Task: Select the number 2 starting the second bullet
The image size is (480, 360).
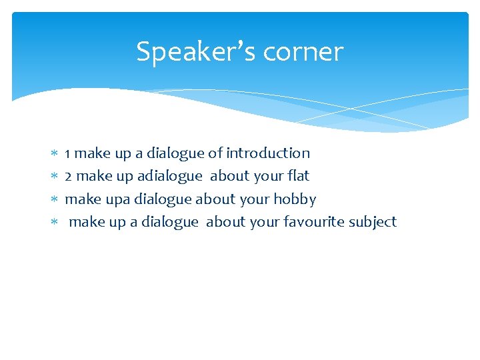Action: click(68, 176)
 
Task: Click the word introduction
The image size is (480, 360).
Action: click(268, 153)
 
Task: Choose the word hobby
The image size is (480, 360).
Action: click(294, 199)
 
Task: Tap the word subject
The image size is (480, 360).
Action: click(372, 222)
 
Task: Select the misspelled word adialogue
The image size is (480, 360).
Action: click(169, 176)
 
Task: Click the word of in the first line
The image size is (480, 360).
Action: click(215, 153)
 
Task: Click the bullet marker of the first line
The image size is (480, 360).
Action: click(55, 154)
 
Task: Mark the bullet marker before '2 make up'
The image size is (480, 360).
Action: click(55, 177)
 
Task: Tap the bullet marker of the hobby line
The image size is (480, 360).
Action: click(55, 200)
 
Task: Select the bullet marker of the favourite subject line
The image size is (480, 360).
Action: click(55, 223)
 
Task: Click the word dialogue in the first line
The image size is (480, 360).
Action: click(175, 153)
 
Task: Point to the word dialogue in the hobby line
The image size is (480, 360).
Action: click(163, 199)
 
